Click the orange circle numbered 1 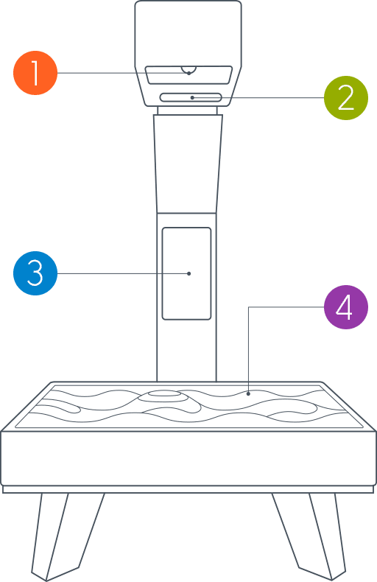[35, 73]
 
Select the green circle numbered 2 [346, 98]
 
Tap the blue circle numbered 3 [35, 273]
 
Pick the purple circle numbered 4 [346, 307]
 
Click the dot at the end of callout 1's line [189, 73]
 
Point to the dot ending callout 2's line [192, 98]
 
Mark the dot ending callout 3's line [189, 273]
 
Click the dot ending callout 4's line [249, 394]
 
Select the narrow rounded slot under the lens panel [191, 98]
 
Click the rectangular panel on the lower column [186, 273]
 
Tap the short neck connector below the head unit [187, 111]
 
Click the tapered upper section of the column [188, 164]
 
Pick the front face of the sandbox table [188, 459]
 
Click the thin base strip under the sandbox [188, 490]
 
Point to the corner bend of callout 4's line [249, 307]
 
